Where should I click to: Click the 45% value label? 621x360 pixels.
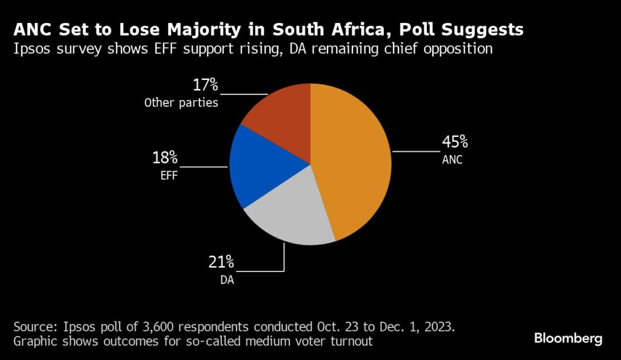click(454, 142)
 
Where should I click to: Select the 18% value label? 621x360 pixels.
click(164, 159)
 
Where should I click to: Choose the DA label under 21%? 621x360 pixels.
click(226, 281)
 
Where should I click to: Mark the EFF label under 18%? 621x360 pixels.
click(168, 178)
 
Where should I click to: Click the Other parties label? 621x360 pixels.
click(181, 102)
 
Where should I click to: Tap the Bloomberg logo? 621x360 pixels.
click(568, 338)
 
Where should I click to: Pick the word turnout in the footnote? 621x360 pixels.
click(351, 341)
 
